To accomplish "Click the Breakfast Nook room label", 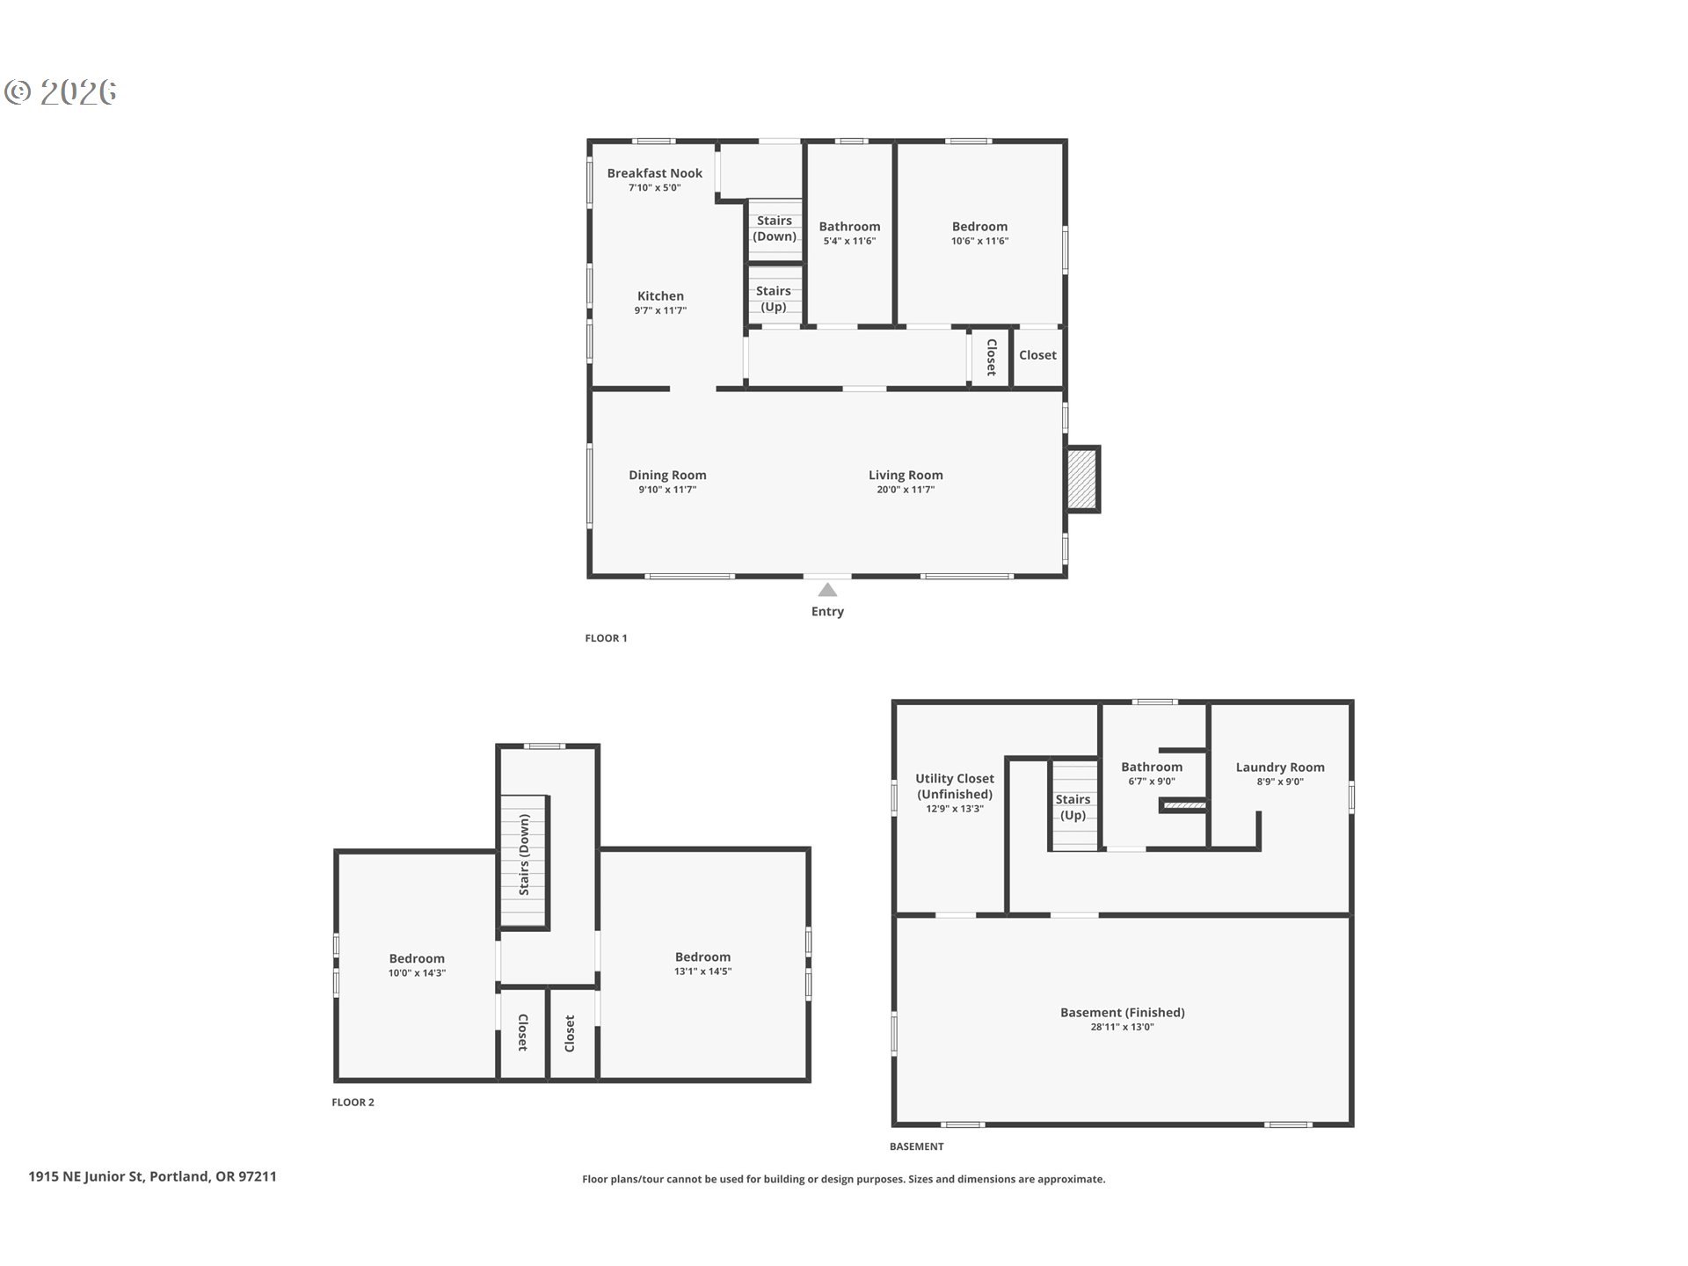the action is pyautogui.click(x=654, y=173).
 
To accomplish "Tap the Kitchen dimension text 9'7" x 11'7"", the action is pyautogui.click(x=660, y=310).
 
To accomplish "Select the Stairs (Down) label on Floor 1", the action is pyautogui.click(x=775, y=229).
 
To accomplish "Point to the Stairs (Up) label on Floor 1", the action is pyautogui.click(x=774, y=299).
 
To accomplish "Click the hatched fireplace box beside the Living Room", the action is pyautogui.click(x=1082, y=479).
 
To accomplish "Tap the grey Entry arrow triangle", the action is pyautogui.click(x=827, y=590).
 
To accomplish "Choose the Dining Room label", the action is pyautogui.click(x=667, y=475).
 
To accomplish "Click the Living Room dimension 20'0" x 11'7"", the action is pyautogui.click(x=906, y=490).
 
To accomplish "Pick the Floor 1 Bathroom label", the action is pyautogui.click(x=849, y=226).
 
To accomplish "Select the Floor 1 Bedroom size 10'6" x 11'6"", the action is pyautogui.click(x=979, y=241).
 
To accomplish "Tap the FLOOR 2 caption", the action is pyautogui.click(x=353, y=1102).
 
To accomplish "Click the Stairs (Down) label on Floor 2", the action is pyautogui.click(x=524, y=855).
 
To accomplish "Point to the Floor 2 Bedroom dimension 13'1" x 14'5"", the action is pyautogui.click(x=702, y=971).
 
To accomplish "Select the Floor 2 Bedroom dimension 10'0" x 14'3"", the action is pyautogui.click(x=417, y=973).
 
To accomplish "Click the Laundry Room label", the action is pyautogui.click(x=1280, y=767).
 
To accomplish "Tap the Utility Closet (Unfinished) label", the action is pyautogui.click(x=955, y=786).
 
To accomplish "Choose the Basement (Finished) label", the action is pyautogui.click(x=1122, y=1012).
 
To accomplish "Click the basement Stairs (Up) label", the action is pyautogui.click(x=1073, y=807).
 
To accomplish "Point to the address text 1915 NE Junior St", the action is pyautogui.click(x=85, y=1176).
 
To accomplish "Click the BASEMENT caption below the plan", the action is pyautogui.click(x=916, y=1146).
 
